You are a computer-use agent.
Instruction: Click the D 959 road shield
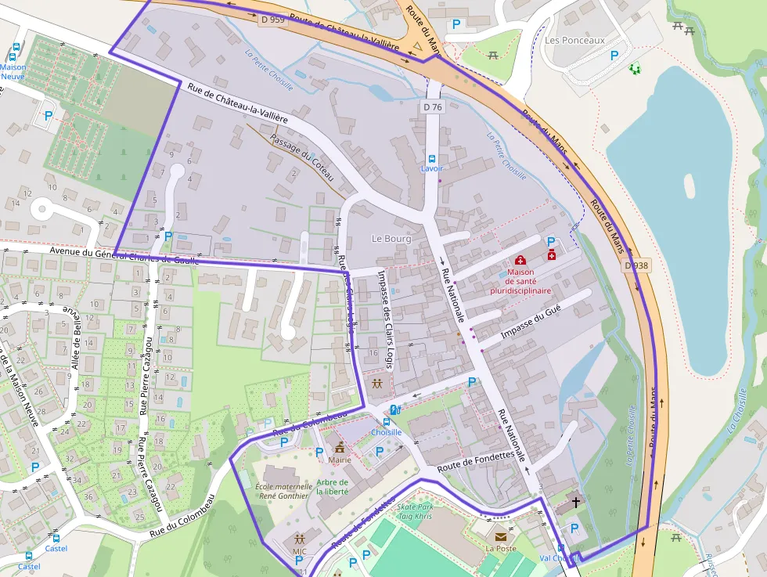(x=272, y=20)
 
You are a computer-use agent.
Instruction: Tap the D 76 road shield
(x=433, y=106)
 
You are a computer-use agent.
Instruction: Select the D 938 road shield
(x=636, y=266)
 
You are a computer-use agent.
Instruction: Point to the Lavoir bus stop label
(x=432, y=168)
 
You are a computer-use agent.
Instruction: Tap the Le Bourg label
(x=391, y=239)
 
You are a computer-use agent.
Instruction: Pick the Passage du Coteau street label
(x=301, y=157)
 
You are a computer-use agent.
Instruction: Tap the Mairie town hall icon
(x=340, y=448)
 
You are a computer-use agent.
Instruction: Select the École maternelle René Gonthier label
(x=283, y=491)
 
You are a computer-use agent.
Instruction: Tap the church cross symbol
(x=576, y=502)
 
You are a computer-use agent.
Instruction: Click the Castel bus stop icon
(x=55, y=539)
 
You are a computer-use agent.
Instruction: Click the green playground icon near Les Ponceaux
(x=634, y=70)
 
